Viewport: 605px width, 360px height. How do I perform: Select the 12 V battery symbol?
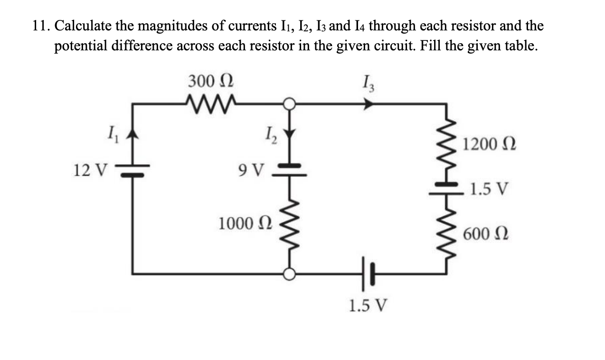[132, 171]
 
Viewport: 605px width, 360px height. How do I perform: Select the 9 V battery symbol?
[290, 171]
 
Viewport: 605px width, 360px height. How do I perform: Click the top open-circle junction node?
[290, 103]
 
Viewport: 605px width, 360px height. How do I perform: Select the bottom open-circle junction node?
[290, 274]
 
